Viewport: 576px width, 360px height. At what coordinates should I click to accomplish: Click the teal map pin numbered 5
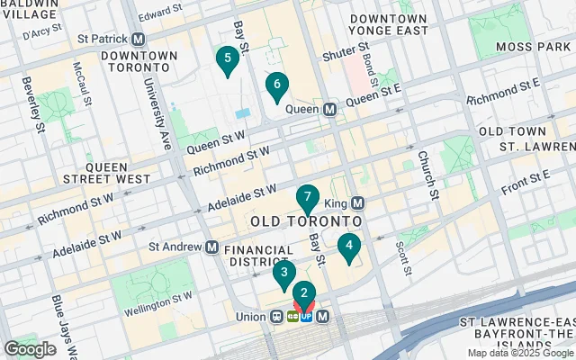tap(227, 60)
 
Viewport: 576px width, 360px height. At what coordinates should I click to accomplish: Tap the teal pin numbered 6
tap(276, 85)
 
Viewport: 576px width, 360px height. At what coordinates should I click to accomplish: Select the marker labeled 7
tap(308, 197)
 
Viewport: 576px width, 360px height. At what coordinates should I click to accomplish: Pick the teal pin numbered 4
tap(348, 246)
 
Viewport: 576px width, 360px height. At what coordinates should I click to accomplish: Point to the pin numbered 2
tap(304, 293)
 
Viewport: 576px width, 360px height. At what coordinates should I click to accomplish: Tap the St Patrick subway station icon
tap(139, 40)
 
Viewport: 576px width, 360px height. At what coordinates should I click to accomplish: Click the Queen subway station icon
tap(329, 109)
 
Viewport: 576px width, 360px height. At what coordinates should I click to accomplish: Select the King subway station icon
tap(357, 203)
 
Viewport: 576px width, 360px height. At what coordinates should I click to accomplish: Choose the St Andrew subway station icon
tap(211, 246)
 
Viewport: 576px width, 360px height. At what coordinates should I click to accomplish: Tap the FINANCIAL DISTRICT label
tap(258, 256)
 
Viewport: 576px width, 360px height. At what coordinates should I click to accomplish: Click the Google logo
tap(30, 348)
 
